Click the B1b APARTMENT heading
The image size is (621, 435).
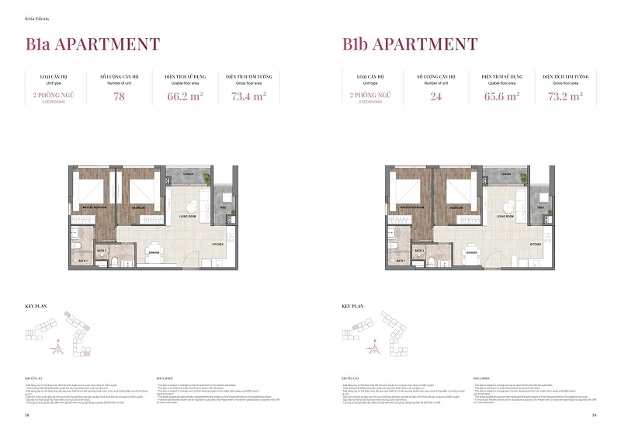[x=410, y=43]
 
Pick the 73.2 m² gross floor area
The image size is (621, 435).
[x=564, y=97]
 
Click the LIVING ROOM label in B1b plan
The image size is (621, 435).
[x=504, y=216]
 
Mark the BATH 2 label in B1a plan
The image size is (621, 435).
[x=101, y=251]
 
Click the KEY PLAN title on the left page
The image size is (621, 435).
[x=36, y=306]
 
